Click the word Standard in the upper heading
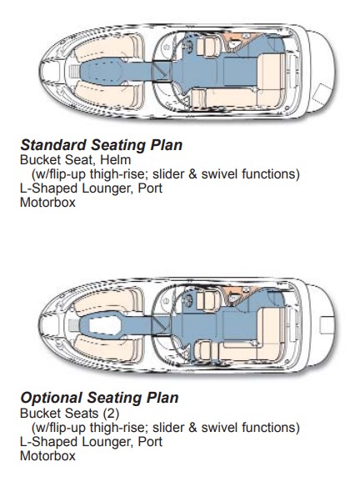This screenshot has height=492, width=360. pyautogui.click(x=53, y=145)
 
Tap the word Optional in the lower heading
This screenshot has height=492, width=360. pyautogui.click(x=51, y=398)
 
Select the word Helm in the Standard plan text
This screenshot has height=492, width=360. pyautogui.click(x=115, y=160)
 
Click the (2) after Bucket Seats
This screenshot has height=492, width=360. pyautogui.click(x=112, y=414)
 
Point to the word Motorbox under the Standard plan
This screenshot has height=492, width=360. pyautogui.click(x=47, y=203)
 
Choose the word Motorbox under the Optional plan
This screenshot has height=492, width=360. pyautogui.click(x=47, y=455)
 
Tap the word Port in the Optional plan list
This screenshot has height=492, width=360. pyautogui.click(x=150, y=442)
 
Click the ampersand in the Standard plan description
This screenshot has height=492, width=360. pyautogui.click(x=192, y=174)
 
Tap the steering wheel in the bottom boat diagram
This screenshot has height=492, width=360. pyautogui.click(x=189, y=299)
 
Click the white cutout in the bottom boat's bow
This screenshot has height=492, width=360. pyautogui.click(x=104, y=325)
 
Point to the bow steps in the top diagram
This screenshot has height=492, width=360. pyautogui.click(x=73, y=72)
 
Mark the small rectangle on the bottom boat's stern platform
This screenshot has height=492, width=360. pyautogui.click(x=327, y=325)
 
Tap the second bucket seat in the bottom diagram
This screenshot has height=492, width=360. pyautogui.click(x=206, y=350)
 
